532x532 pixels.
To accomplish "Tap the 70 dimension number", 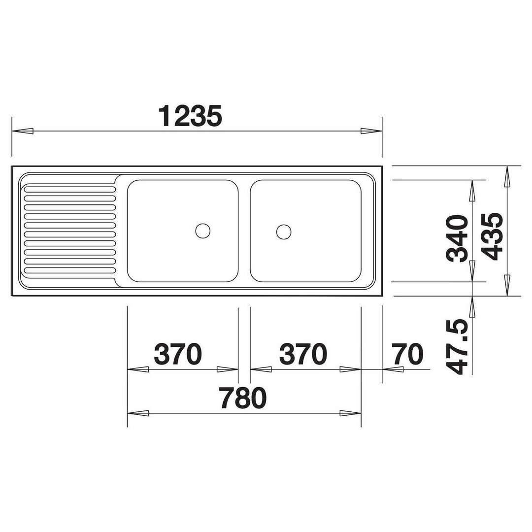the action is pyautogui.click(x=407, y=354).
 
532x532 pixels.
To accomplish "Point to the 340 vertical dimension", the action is pyautogui.click(x=457, y=238).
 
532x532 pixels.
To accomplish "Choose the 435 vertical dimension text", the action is pyautogui.click(x=492, y=236).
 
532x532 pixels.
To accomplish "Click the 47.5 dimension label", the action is pyautogui.click(x=457, y=347).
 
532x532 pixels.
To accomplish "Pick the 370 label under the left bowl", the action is pyautogui.click(x=178, y=354).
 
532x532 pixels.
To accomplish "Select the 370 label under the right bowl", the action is pyautogui.click(x=303, y=354).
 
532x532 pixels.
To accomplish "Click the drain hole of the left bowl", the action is pyautogui.click(x=203, y=231).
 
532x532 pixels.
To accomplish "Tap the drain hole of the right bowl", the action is pyautogui.click(x=284, y=232).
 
